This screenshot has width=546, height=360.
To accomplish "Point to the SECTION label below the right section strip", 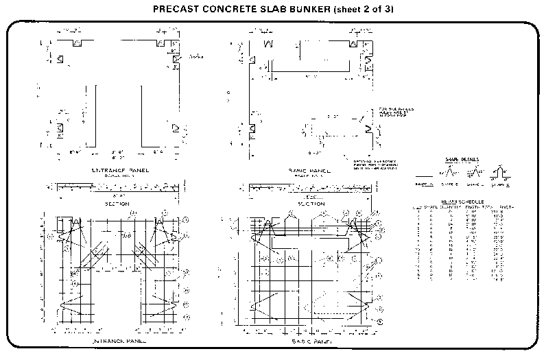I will coord(313,204).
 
